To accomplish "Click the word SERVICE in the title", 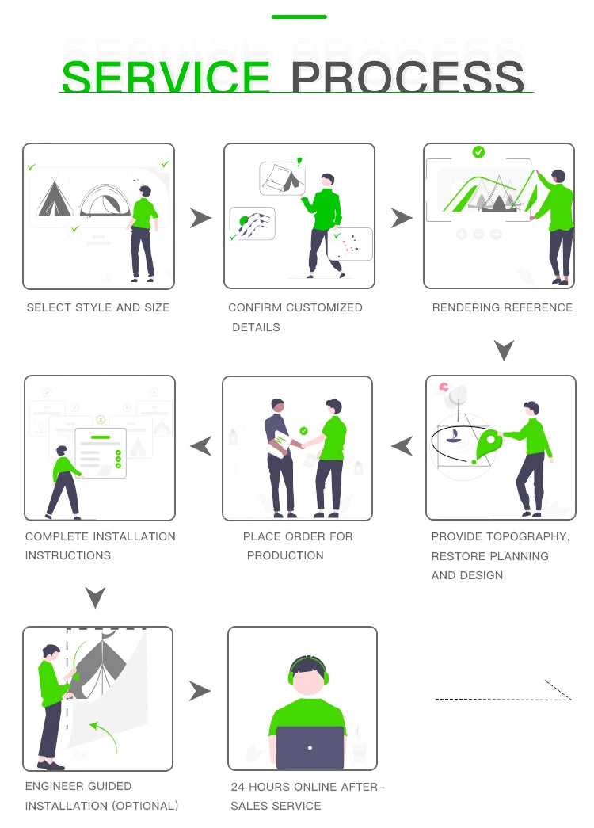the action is [166, 77].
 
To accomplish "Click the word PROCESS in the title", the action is [407, 77].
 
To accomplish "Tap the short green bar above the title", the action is [299, 17].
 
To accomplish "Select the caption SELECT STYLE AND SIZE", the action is [98, 307].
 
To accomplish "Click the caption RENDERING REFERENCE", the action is [502, 307].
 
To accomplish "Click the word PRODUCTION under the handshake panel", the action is [285, 555].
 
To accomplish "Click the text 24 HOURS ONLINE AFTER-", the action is [307, 787].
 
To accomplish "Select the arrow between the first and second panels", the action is [200, 218].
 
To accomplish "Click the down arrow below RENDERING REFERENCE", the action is [505, 350].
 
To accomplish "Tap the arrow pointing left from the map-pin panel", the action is [402, 446].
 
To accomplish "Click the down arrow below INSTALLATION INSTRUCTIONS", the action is [96, 597].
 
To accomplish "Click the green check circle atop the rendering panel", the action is [478, 152].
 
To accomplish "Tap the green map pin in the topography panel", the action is [488, 445].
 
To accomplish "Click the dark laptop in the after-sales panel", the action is [310, 748].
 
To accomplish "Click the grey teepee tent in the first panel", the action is [54, 199].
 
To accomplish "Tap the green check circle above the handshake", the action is [303, 431].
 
